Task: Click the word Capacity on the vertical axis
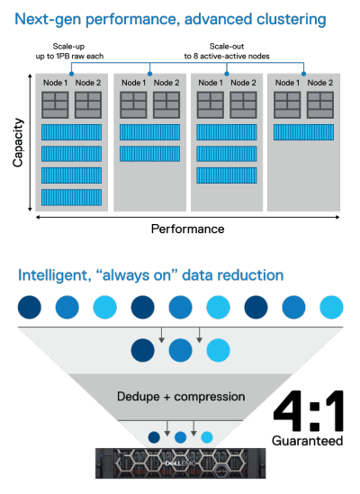18,142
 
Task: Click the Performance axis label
187,229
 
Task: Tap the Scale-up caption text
68,46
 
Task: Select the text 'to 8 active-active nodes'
227,56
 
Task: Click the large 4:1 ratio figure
308,411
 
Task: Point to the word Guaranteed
308,440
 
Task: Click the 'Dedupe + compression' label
181,396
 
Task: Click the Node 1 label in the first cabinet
55,83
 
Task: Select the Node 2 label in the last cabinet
320,83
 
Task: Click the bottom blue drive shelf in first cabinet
72,198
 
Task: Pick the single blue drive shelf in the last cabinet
303,132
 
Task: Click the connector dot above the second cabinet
149,74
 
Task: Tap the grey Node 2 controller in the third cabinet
243,105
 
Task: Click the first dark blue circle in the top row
30,307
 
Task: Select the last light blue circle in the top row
331,307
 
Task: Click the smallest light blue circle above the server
207,437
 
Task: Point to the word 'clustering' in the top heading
292,19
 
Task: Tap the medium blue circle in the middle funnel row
180,350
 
